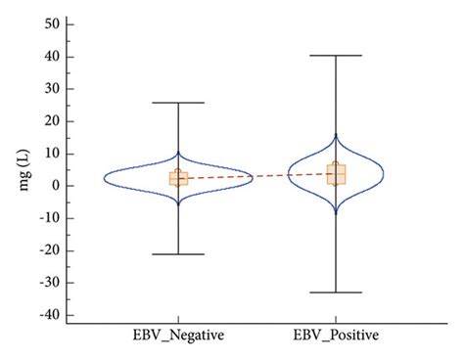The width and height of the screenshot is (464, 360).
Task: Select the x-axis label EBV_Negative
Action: (179, 336)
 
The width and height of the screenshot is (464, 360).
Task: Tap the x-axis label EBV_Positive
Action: (336, 336)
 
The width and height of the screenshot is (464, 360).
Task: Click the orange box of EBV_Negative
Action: (179, 178)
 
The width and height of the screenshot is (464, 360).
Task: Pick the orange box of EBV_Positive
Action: (336, 174)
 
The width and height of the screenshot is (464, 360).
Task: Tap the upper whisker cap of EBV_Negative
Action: (179, 103)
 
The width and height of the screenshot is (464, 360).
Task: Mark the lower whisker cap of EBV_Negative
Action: (179, 254)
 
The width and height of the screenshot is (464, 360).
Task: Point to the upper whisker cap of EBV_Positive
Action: (336, 56)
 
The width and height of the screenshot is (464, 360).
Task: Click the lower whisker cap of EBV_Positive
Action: (336, 292)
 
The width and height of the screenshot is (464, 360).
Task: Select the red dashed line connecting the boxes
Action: (256, 176)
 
